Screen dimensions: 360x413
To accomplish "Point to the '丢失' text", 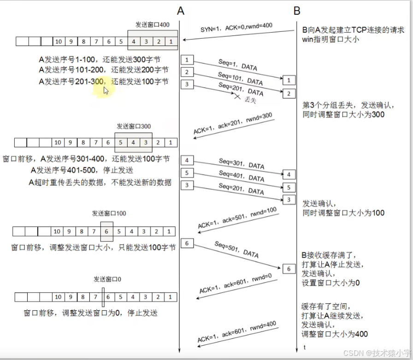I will tap(250, 99).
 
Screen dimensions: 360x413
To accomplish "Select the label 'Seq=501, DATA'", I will tap(236, 249).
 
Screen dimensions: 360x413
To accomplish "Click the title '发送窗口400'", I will tap(153, 24).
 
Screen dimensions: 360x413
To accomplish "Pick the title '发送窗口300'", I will tap(134, 126).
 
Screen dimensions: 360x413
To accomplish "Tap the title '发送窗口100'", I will tap(109, 213).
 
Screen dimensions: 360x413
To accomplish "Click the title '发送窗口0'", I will tap(107, 279).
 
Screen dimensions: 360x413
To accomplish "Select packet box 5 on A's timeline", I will tap(187, 173).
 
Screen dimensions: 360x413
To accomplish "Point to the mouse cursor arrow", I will tap(106, 90).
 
